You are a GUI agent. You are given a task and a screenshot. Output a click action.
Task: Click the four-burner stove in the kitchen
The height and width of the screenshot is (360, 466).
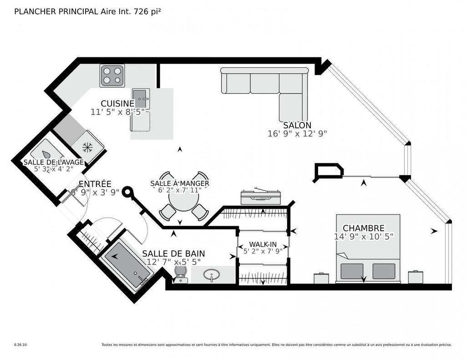pos(112,76)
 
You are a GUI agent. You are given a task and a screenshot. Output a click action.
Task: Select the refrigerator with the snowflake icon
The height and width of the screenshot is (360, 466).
pos(87,147)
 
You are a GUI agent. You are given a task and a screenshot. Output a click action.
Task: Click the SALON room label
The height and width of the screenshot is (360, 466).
pos(297,125)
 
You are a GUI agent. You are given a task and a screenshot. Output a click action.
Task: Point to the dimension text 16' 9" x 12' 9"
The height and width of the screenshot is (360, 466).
pos(297,133)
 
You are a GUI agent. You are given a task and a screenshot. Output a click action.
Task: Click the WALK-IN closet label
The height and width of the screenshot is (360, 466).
pos(263,244)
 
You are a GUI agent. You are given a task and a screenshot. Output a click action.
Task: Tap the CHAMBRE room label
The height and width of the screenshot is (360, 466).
pos(363,228)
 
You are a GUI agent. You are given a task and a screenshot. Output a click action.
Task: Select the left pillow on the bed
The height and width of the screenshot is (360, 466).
pos(352,271)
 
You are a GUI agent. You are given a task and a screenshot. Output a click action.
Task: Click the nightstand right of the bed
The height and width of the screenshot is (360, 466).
pos(415,277)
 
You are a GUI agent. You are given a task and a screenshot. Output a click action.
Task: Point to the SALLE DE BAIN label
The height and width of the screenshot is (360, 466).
pos(173,254)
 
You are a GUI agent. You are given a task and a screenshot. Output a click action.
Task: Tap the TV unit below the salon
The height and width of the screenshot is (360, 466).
pos(261,197)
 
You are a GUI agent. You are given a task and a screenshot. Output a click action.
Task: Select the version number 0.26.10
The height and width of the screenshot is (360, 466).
pos(20,345)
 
